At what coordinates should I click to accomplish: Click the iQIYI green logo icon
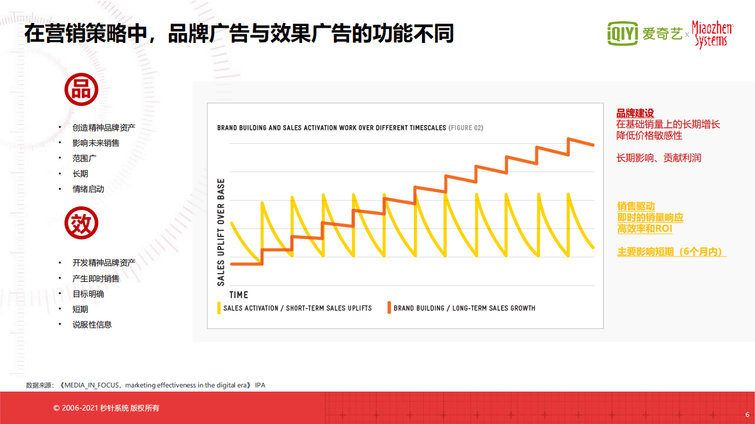pyautogui.click(x=623, y=34)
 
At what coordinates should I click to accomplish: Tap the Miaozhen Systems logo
pyautogui.click(x=712, y=35)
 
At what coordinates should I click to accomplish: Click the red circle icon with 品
pyautogui.click(x=81, y=90)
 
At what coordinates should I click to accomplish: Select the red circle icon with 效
pyautogui.click(x=81, y=223)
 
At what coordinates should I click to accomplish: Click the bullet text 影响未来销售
pyautogui.click(x=96, y=143)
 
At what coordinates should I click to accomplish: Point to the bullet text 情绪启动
pyautogui.click(x=88, y=189)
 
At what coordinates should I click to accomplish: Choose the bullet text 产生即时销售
pyautogui.click(x=96, y=278)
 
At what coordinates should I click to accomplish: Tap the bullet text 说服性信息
pyautogui.click(x=92, y=324)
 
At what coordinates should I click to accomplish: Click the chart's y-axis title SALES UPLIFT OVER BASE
pyautogui.click(x=221, y=232)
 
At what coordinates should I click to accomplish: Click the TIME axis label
pyautogui.click(x=238, y=294)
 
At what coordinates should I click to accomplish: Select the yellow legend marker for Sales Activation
pyautogui.click(x=219, y=308)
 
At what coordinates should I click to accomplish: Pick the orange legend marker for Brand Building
pyautogui.click(x=389, y=308)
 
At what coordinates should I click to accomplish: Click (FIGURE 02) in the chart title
pyautogui.click(x=466, y=128)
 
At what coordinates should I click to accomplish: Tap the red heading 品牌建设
pyautogui.click(x=635, y=114)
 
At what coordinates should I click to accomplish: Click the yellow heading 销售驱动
pyautogui.click(x=636, y=206)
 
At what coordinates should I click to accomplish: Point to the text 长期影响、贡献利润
pyautogui.click(x=659, y=158)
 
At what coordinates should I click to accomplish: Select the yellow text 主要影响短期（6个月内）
pyautogui.click(x=671, y=252)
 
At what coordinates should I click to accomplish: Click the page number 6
pyautogui.click(x=747, y=413)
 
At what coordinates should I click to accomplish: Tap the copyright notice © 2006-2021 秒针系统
pyautogui.click(x=106, y=408)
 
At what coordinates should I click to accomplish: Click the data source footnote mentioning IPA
pyautogui.click(x=146, y=385)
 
